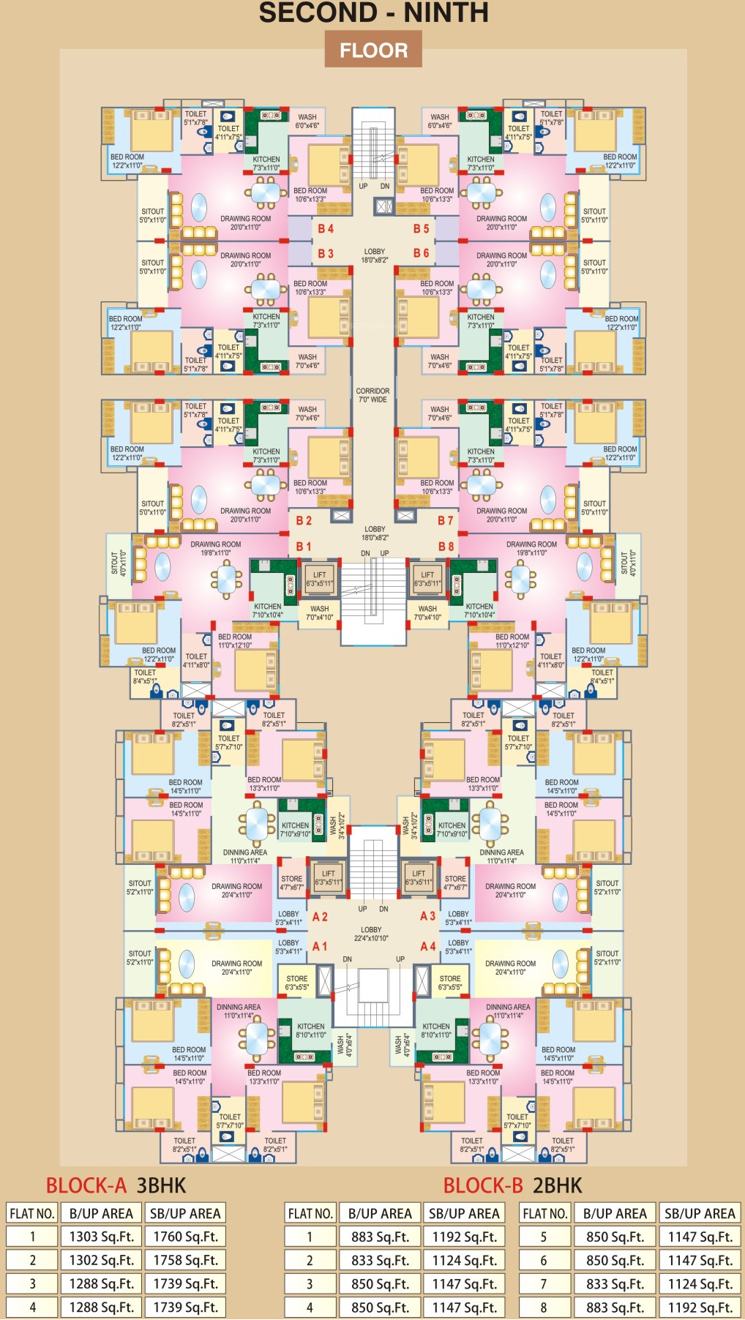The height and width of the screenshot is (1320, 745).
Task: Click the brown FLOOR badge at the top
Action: [x=373, y=50]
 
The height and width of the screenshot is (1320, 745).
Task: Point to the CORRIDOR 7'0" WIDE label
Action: [x=372, y=395]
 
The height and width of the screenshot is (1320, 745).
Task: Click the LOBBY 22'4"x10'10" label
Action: [x=371, y=934]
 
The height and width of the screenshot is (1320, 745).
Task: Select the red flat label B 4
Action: [x=326, y=229]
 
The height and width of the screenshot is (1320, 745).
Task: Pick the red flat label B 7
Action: [x=446, y=520]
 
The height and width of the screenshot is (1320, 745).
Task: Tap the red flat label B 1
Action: [x=304, y=547]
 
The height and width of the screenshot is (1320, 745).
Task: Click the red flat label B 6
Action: [x=421, y=253]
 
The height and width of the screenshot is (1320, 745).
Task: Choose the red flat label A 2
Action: [x=320, y=917]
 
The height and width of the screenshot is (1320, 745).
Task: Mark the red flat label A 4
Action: [x=428, y=946]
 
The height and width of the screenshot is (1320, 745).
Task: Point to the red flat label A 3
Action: [x=428, y=916]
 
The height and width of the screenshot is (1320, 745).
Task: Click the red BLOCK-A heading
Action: [x=86, y=1185]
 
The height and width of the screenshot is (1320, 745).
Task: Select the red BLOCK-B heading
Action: [x=483, y=1185]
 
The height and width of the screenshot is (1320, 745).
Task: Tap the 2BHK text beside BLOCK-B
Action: [x=558, y=1185]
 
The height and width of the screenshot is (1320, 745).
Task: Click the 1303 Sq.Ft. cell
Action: [x=101, y=1237]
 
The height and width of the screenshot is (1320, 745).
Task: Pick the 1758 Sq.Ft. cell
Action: [x=185, y=1260]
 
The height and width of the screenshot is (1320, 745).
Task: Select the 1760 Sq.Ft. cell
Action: [x=185, y=1237]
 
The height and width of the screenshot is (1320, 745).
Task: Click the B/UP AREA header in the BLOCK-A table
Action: [x=101, y=1213]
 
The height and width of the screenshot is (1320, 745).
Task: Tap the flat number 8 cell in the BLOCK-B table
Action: [x=544, y=1307]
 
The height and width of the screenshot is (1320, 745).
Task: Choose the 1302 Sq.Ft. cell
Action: [x=101, y=1260]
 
